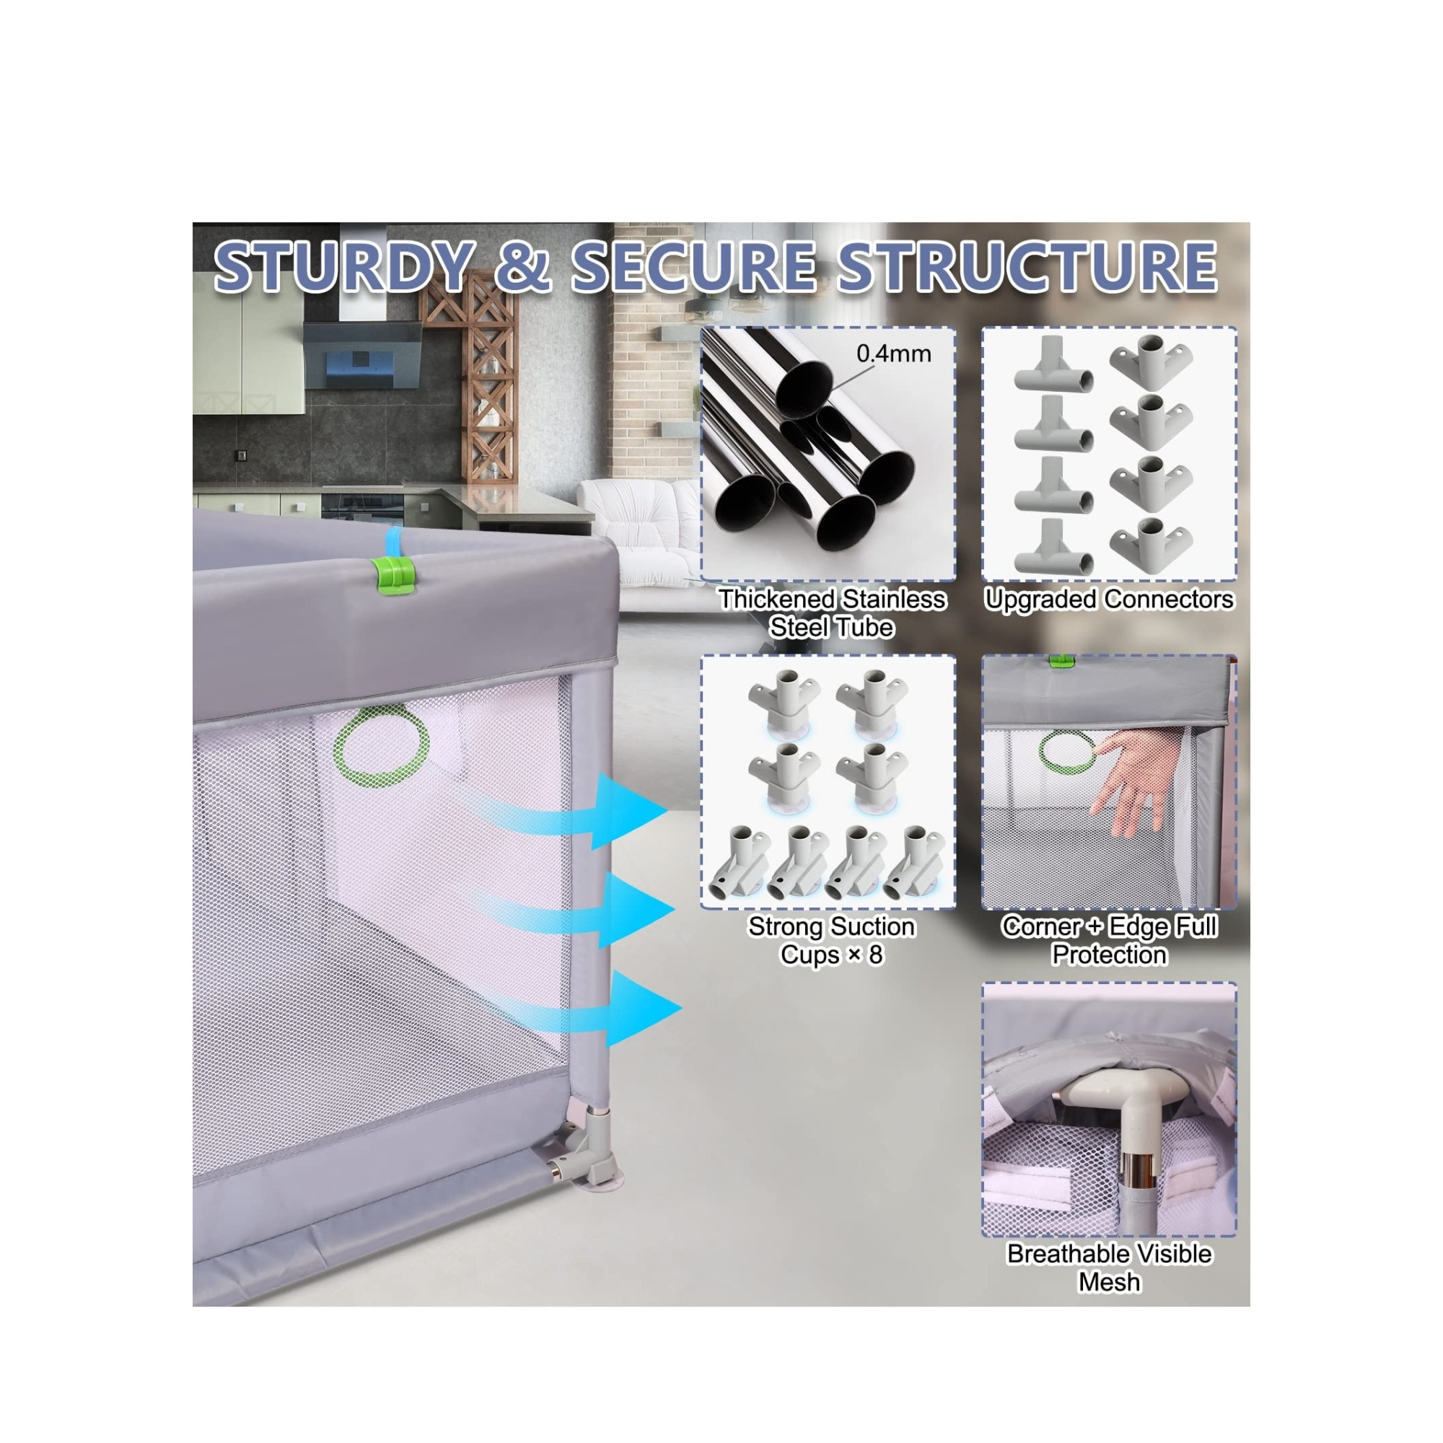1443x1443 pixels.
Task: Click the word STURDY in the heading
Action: tap(344, 266)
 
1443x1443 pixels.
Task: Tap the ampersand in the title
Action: tap(523, 266)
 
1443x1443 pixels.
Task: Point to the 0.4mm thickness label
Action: tap(893, 354)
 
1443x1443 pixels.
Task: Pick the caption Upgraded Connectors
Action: tap(1109, 599)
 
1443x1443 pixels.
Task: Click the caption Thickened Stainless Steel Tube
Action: tap(832, 613)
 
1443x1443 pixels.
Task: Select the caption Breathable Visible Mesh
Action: tap(1109, 1268)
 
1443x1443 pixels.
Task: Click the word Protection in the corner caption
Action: tap(1109, 954)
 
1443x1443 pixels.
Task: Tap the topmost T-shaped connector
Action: tap(1053, 364)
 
